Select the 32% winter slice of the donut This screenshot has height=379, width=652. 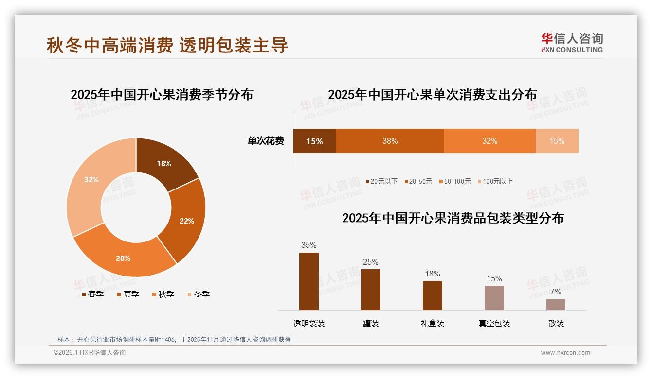[91, 180]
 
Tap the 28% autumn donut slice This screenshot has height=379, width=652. [123, 258]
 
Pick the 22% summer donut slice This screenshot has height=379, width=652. [186, 221]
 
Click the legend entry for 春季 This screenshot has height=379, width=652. [92, 294]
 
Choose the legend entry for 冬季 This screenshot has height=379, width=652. [198, 294]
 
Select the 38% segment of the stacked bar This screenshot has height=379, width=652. [390, 141]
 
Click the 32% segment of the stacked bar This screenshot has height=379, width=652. [489, 141]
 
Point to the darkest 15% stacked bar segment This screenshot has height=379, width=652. [314, 141]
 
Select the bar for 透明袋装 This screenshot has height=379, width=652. [309, 281]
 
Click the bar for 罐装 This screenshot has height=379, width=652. [370, 290]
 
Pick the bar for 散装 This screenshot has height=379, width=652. [556, 305]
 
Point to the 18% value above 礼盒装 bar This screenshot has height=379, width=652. [432, 274]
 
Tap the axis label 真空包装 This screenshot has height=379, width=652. [494, 323]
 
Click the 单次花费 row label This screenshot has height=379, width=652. [266, 141]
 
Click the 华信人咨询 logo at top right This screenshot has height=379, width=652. [572, 42]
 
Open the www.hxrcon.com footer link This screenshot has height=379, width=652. [565, 353]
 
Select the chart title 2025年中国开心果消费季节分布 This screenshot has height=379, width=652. [162, 94]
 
